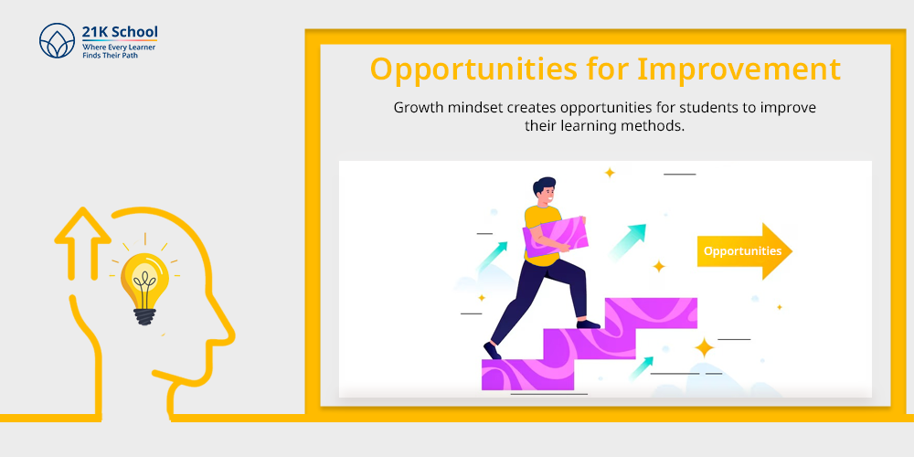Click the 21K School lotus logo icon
tap(57, 41)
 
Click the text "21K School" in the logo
tap(120, 32)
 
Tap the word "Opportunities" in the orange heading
tap(469, 69)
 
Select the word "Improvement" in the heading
tap(739, 69)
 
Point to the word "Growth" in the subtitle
tap(414, 108)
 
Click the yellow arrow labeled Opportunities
tap(744, 251)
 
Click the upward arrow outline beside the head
tap(82, 244)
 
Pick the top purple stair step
tap(651, 313)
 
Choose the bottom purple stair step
tap(527, 374)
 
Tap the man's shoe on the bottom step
tap(492, 351)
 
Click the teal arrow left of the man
tap(492, 257)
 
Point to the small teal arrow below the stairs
tap(642, 367)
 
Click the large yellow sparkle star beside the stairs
tap(704, 348)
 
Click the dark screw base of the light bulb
tap(144, 316)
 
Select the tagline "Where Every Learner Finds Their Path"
tap(118, 50)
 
